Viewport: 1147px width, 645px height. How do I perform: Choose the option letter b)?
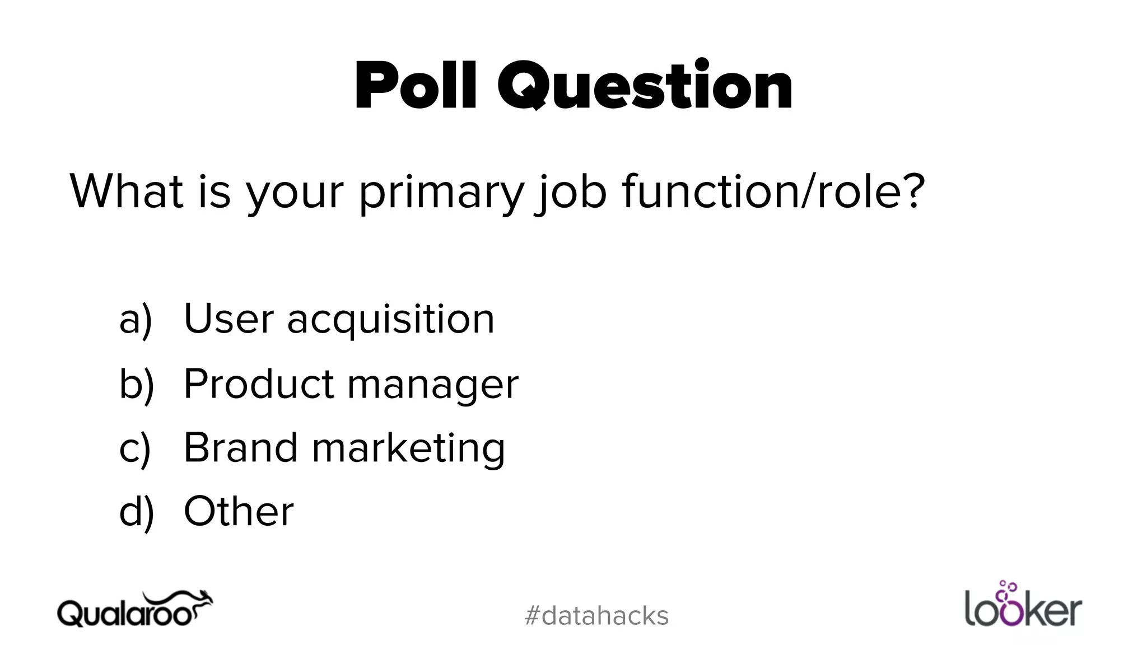136,384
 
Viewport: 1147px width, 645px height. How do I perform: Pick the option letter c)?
135,448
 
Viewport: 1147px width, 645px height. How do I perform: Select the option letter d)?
136,512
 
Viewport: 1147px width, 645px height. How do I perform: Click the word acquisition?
391,319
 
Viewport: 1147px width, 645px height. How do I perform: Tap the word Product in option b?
259,384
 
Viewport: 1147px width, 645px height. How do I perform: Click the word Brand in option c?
240,448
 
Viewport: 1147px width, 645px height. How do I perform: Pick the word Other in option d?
239,512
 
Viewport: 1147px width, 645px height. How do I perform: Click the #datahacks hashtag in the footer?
596,616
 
